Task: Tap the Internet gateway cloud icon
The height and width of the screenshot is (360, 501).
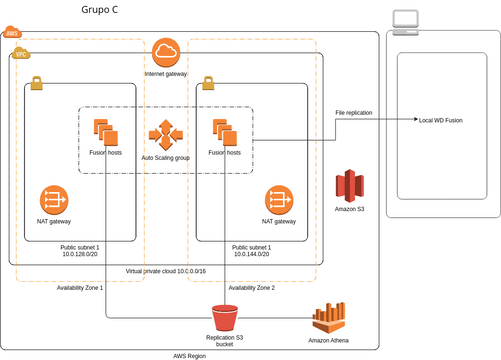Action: click(166, 52)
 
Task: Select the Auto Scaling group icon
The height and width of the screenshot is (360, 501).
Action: click(165, 133)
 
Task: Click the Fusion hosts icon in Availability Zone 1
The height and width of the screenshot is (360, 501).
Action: click(105, 131)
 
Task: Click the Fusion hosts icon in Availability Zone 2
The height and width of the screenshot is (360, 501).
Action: click(223, 131)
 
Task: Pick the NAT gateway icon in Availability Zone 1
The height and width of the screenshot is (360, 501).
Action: click(53, 199)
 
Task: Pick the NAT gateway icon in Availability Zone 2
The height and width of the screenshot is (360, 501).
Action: click(278, 199)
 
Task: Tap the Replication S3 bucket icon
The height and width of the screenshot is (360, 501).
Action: click(225, 317)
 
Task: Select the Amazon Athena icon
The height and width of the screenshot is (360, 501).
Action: click(329, 318)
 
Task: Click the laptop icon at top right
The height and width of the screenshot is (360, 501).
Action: click(406, 21)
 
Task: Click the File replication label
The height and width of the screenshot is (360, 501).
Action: click(353, 113)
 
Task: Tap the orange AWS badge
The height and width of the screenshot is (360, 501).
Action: click(12, 33)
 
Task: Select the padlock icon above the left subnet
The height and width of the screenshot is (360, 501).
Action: click(36, 84)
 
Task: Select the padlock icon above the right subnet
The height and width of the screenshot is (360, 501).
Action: click(207, 84)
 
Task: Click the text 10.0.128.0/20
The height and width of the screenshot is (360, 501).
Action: click(82, 255)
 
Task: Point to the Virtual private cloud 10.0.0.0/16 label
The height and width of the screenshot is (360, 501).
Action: click(166, 271)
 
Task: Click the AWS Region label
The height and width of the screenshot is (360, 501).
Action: click(190, 355)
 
